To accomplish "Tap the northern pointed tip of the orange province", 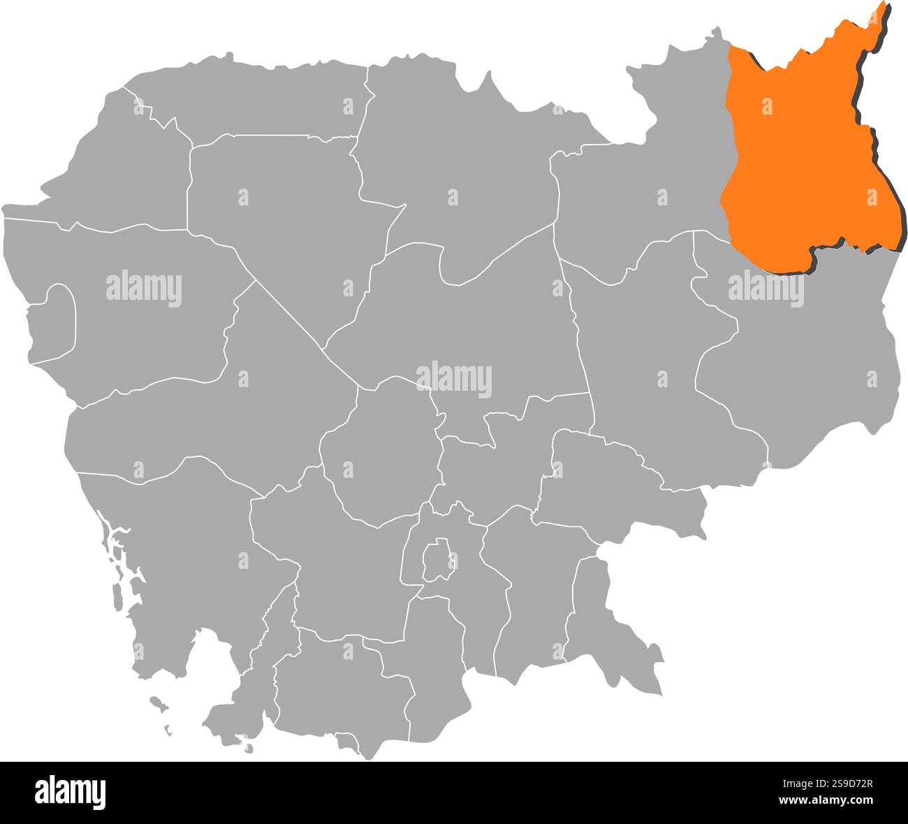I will [x=883, y=8].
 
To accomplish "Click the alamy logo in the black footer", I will [x=71, y=792].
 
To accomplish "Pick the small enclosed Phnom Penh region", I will [x=437, y=560].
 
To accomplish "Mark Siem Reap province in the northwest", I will [x=279, y=210].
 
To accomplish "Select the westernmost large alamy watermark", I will [x=144, y=289].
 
